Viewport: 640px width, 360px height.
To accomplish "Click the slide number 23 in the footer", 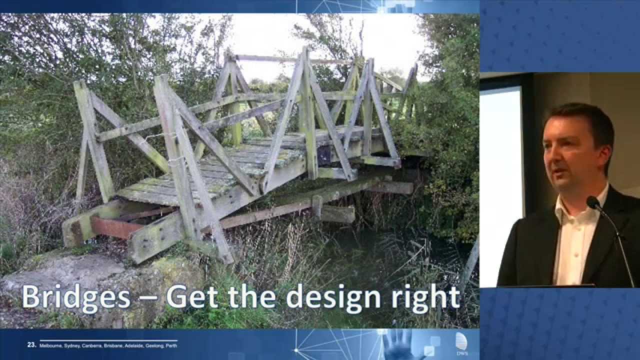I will pos(31,345).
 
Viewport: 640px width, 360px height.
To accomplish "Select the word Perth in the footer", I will pos(171,345).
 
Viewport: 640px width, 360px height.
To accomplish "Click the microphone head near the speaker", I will pos(593,202).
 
